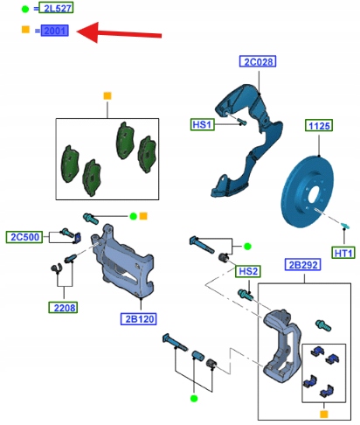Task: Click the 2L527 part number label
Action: pyautogui.click(x=56, y=8)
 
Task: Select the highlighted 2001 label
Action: pyautogui.click(x=55, y=31)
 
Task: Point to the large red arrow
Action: pyautogui.click(x=119, y=33)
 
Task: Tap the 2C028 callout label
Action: pyautogui.click(x=258, y=61)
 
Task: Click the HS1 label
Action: pyautogui.click(x=203, y=125)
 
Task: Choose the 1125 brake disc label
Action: pyautogui.click(x=319, y=126)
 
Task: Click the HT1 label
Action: pyautogui.click(x=343, y=253)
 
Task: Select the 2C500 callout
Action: pyautogui.click(x=24, y=237)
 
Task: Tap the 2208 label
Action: pyautogui.click(x=63, y=308)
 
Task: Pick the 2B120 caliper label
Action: pyautogui.click(x=139, y=319)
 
